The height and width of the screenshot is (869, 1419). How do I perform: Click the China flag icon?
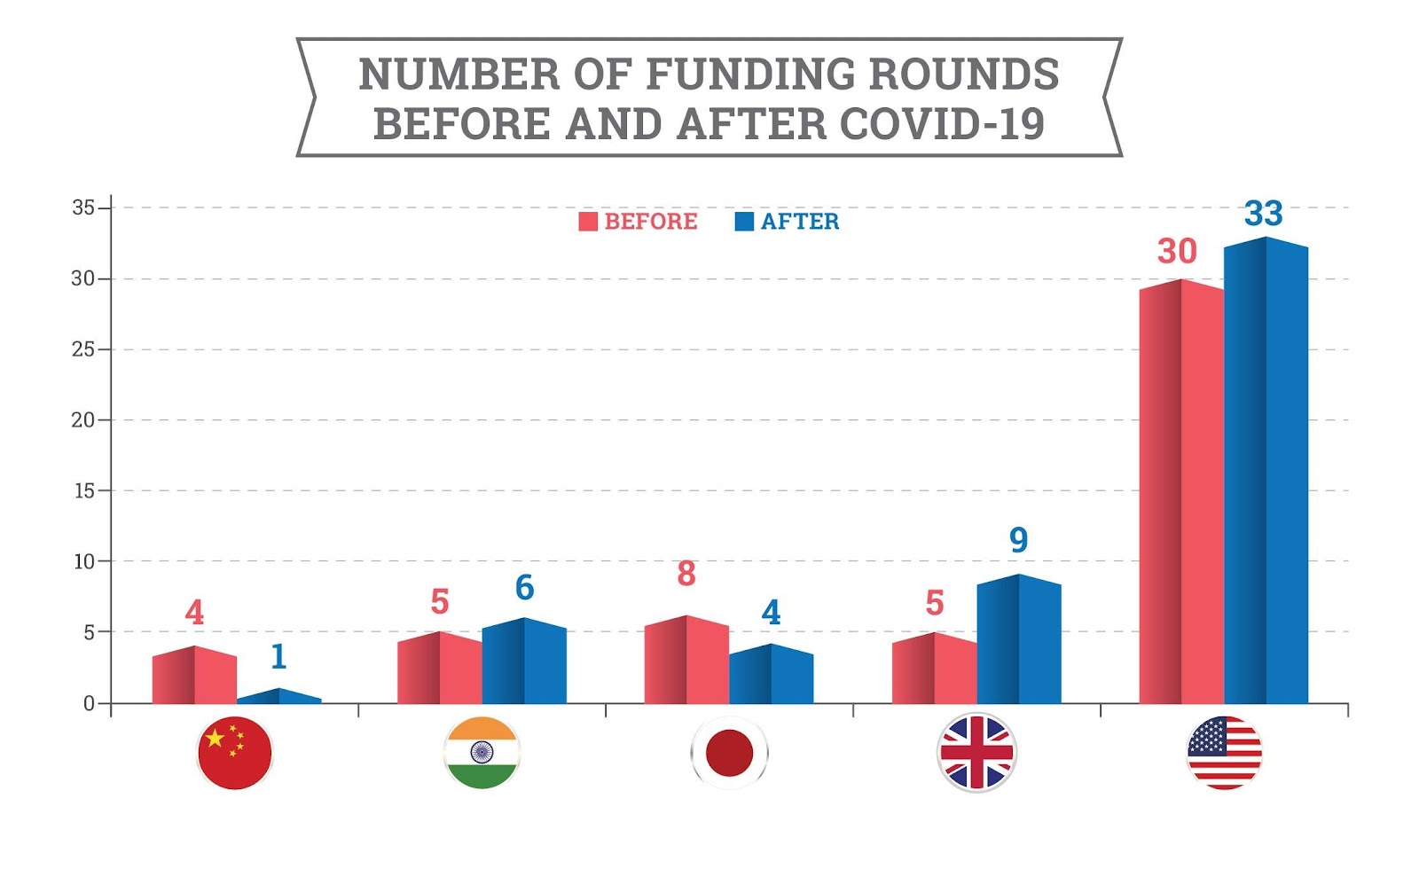[x=234, y=753]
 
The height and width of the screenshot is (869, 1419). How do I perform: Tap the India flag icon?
[x=482, y=753]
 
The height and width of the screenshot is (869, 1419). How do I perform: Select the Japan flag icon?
[x=729, y=753]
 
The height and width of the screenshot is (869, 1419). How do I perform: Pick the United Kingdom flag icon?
[x=976, y=753]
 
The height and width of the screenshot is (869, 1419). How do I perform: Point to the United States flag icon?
[x=1224, y=753]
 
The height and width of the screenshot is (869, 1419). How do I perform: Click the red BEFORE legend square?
[x=587, y=222]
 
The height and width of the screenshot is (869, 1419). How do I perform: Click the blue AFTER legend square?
[x=744, y=222]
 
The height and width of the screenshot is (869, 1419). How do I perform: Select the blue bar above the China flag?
[x=279, y=697]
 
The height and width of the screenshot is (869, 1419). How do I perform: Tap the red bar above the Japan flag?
[x=686, y=661]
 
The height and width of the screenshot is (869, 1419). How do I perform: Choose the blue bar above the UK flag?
[x=1019, y=640]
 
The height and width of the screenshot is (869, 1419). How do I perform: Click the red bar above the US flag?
[x=1181, y=493]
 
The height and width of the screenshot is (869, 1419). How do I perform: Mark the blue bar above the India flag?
[x=524, y=662]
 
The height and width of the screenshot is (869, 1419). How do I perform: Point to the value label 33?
[x=1263, y=214]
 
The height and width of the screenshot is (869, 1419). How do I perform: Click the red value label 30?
[x=1177, y=251]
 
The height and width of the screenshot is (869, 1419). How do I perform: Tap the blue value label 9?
[x=1018, y=539]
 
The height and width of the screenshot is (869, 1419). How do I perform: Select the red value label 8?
[x=686, y=574]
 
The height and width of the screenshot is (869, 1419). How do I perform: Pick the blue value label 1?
[x=278, y=656]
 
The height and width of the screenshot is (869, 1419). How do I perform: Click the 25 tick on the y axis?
[x=83, y=349]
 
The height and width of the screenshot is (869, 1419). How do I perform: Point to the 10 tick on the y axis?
[x=84, y=561]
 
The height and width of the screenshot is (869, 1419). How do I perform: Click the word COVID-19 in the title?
[x=942, y=124]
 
